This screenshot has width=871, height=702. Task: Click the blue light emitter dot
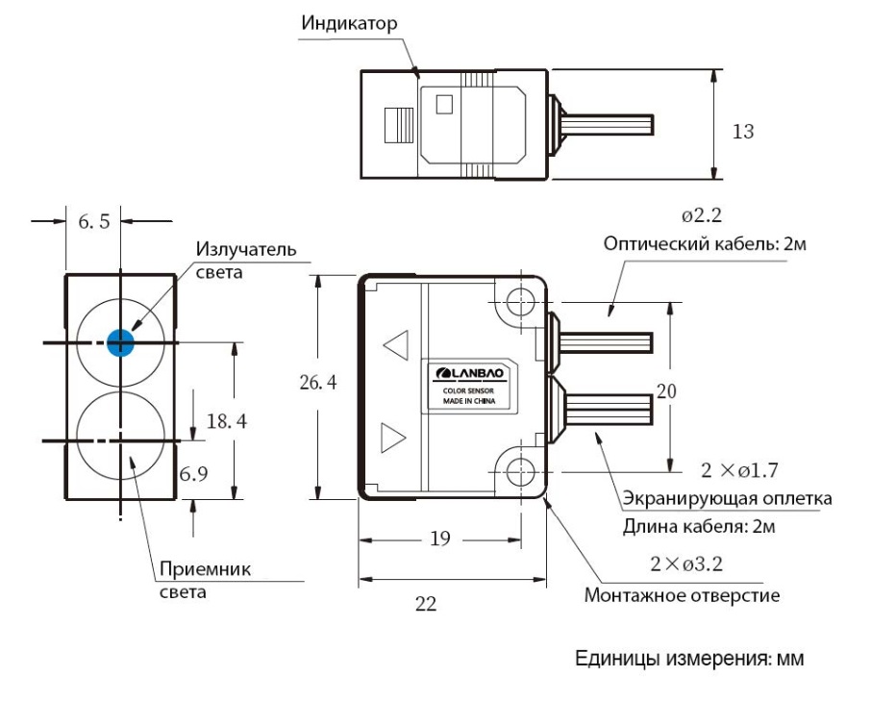point(120,342)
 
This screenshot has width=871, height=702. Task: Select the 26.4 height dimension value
point(318,383)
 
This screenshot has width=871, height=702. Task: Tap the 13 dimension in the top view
point(743,131)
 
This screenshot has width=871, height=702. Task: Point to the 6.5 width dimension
point(94,222)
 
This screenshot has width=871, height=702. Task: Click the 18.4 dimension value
point(227,421)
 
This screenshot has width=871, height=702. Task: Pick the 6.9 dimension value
point(193,473)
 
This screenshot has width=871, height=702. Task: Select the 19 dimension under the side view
point(440,538)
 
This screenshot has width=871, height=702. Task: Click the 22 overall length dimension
point(426,604)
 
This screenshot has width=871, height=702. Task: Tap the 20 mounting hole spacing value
point(666,391)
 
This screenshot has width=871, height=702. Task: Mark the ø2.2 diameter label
point(702,215)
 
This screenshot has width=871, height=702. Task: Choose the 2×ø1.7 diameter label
point(739,470)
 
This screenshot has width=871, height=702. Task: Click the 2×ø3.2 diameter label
point(686,564)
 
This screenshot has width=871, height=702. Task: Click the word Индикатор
point(349,23)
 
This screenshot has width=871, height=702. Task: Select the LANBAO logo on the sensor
point(469,372)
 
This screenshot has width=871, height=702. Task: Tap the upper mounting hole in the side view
point(520,302)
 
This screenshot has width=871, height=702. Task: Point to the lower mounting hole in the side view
point(520,471)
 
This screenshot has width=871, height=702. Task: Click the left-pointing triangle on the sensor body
point(396,345)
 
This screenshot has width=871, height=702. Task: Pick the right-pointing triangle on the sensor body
point(393,438)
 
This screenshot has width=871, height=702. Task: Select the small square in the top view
point(444,105)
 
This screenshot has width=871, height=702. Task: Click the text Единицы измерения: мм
point(689,659)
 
